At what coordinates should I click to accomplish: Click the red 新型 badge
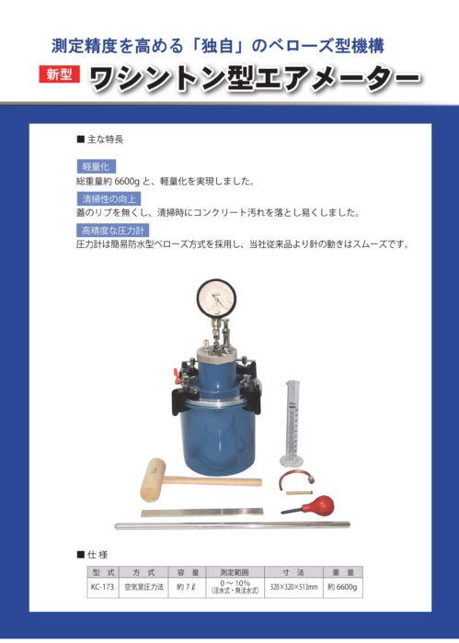coord(59,74)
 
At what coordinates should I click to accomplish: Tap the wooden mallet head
coord(153,479)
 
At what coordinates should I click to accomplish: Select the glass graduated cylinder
coord(292,423)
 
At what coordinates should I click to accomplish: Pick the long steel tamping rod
coord(233,525)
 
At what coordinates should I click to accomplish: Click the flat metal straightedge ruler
coord(202,512)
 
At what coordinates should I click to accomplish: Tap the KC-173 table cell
coord(103,587)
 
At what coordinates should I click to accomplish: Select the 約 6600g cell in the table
coord(342,587)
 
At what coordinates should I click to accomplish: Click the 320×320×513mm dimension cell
coord(293,587)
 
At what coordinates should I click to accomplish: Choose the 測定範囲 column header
coord(235,572)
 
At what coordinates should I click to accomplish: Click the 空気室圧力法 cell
coord(143,587)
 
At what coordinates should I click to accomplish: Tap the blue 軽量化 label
coord(96,166)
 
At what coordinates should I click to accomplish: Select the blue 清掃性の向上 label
coord(109,199)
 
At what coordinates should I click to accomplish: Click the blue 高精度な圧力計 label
coord(113,230)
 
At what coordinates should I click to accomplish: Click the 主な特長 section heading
coord(100,140)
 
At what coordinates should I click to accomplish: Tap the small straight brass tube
coord(300,492)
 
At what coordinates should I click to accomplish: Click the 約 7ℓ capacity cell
coord(187,587)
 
